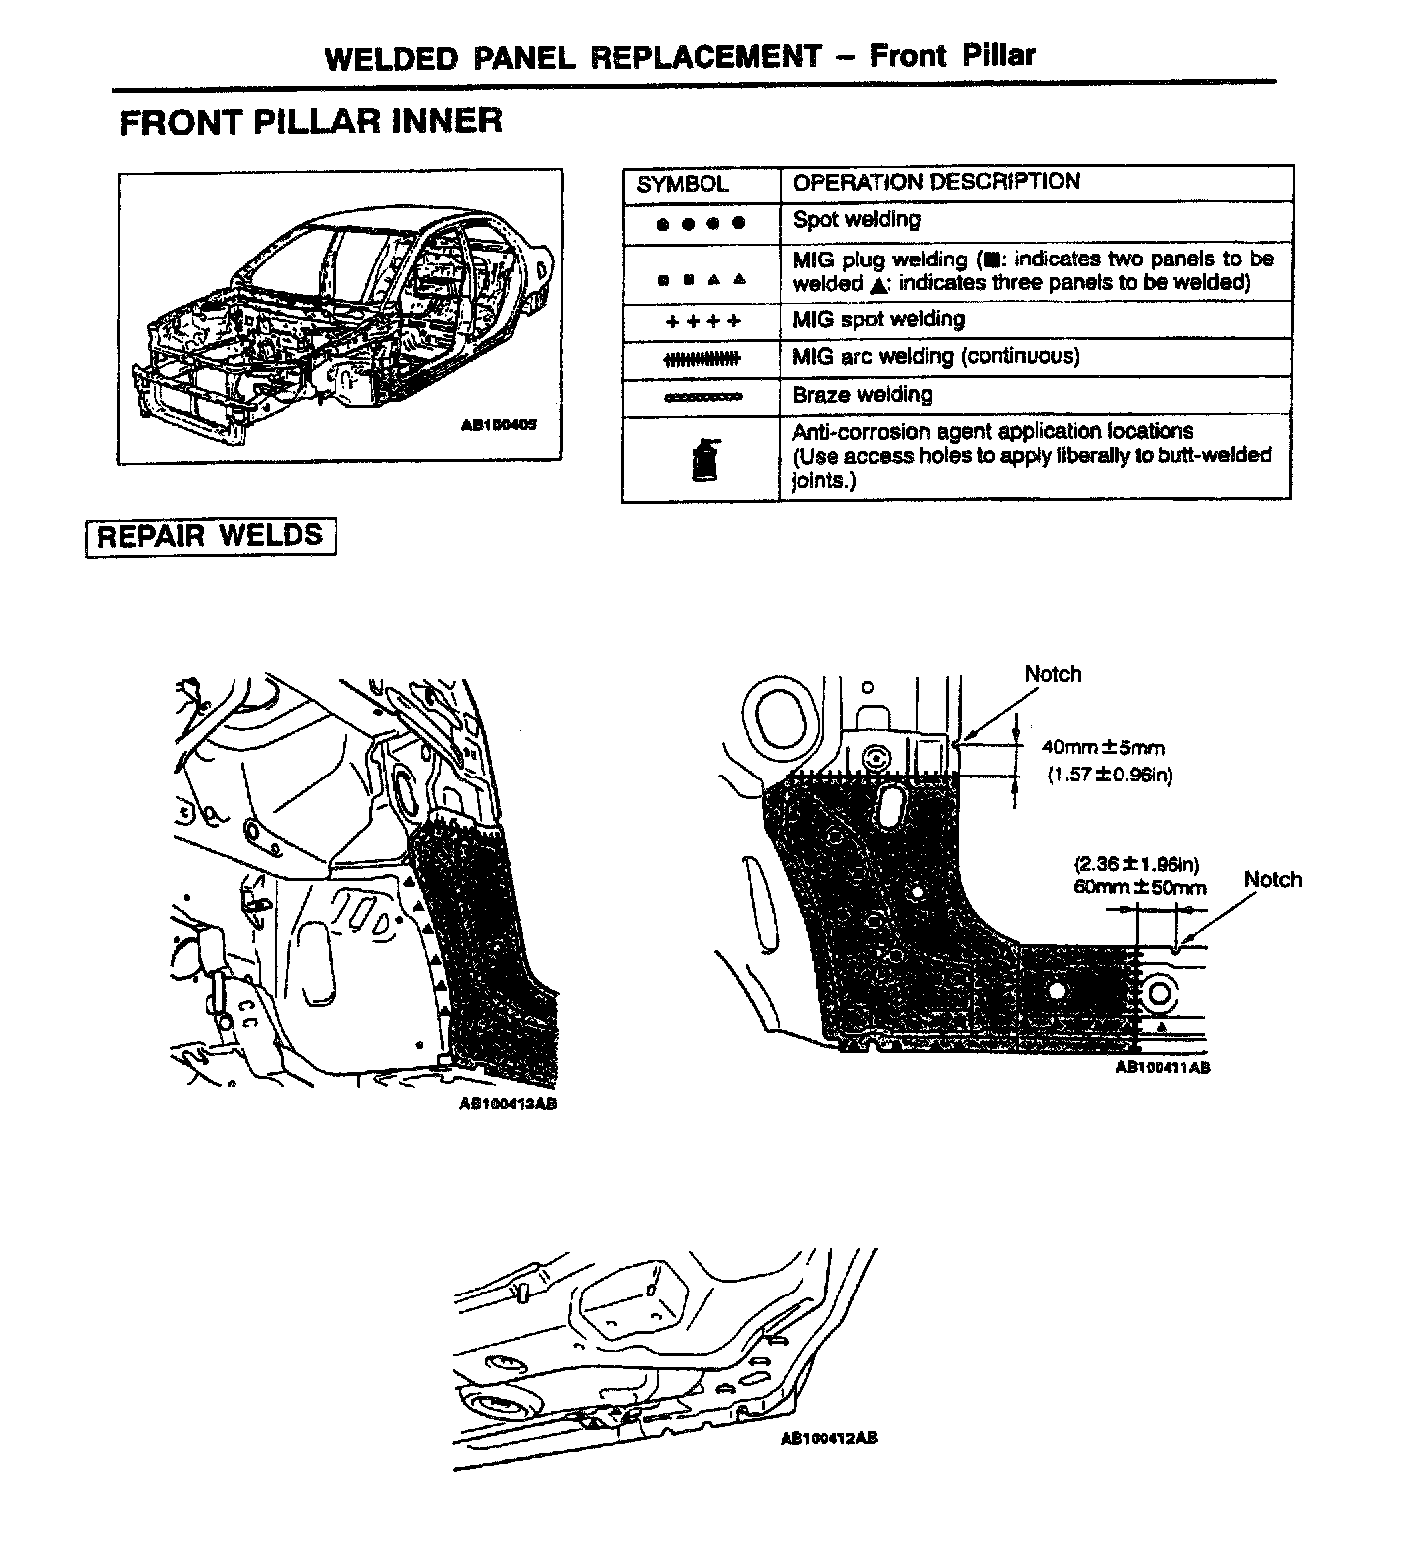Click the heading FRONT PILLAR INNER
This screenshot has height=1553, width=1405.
pos(310,122)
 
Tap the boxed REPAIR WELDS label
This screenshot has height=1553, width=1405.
pos(211,536)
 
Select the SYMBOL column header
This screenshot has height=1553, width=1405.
pos(683,184)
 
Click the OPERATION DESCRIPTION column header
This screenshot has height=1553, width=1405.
pos(936,182)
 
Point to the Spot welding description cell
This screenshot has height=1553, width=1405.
pos(856,220)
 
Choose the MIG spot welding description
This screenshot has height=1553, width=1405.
pos(878,320)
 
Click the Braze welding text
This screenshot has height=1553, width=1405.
pos(862,395)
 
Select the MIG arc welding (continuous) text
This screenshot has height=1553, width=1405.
pos(935,357)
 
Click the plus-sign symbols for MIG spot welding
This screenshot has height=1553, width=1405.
pos(702,321)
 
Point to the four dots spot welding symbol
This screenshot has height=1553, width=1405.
pos(701,224)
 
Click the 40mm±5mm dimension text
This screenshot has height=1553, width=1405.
pos(1103,747)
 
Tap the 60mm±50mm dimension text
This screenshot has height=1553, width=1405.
pos(1140,887)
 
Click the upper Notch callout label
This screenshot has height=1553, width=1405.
pos(1052,674)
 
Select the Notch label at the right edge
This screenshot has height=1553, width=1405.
pos(1272,879)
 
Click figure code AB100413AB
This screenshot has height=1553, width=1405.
pos(507,1104)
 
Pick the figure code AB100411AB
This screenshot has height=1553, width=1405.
pos(1162,1067)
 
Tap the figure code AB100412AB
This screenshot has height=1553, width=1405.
pos(829,1439)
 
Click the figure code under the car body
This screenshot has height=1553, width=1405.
pos(498,424)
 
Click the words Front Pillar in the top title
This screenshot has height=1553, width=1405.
pos(952,55)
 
